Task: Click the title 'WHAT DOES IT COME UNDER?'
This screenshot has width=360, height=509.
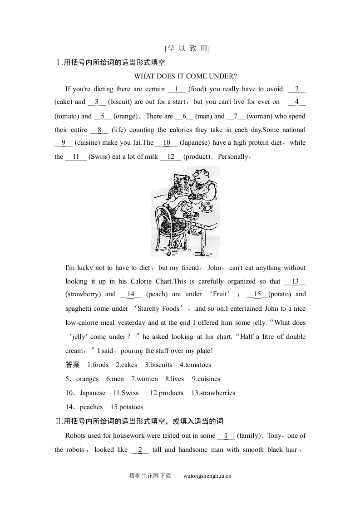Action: tap(186, 76)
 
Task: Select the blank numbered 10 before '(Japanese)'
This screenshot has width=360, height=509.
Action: tap(166, 143)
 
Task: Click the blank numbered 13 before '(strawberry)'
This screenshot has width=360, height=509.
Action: tap(295, 281)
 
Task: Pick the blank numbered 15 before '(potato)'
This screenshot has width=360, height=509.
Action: tap(257, 294)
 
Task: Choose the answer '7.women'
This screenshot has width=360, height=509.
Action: tap(144, 379)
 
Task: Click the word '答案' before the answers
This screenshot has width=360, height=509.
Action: tap(73, 365)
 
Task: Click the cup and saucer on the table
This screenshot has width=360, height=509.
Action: tap(206, 207)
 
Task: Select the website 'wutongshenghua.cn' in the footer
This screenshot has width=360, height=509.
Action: tap(207, 476)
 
